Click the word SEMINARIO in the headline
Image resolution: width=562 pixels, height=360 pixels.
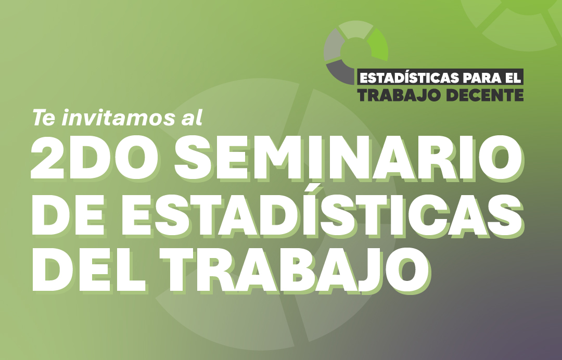(348, 158)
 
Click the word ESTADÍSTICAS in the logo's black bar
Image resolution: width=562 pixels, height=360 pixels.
(409, 78)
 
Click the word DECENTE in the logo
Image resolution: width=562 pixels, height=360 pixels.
(486, 95)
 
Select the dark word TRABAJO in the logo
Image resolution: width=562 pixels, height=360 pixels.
(401, 95)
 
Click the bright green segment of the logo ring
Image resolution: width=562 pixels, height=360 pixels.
(378, 45)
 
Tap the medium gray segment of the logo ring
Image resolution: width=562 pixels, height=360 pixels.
(333, 46)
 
